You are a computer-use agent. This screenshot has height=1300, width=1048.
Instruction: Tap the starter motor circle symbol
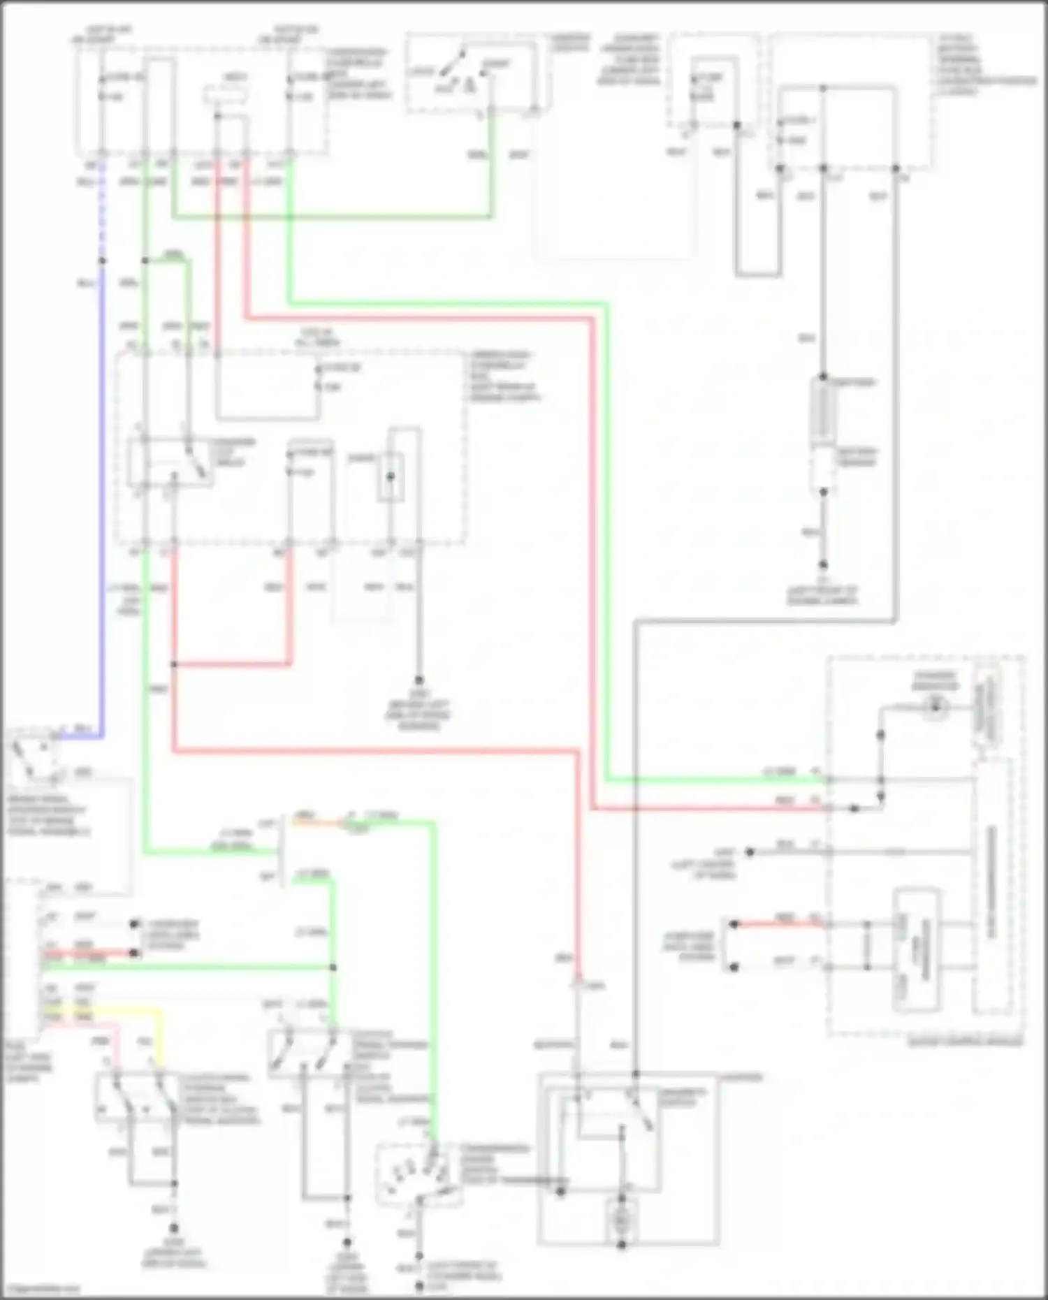click(x=621, y=1220)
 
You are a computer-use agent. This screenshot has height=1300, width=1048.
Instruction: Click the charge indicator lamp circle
click(x=934, y=707)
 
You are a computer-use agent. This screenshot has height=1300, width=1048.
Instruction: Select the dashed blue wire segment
click(x=103, y=210)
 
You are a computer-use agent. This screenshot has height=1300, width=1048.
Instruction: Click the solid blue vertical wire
click(x=103, y=489)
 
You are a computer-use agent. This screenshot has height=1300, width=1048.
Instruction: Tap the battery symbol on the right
click(x=822, y=412)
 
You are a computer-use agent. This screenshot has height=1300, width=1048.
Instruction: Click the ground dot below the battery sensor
click(x=823, y=564)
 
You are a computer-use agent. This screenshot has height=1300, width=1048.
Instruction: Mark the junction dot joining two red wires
click(x=173, y=664)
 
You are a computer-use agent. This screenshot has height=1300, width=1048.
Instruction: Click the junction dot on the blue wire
click(x=103, y=261)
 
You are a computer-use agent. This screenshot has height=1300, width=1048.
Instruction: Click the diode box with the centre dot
click(x=391, y=476)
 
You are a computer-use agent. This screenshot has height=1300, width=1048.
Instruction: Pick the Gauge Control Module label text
click(x=964, y=1042)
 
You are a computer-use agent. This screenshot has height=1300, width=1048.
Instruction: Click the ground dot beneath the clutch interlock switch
click(x=173, y=1227)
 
